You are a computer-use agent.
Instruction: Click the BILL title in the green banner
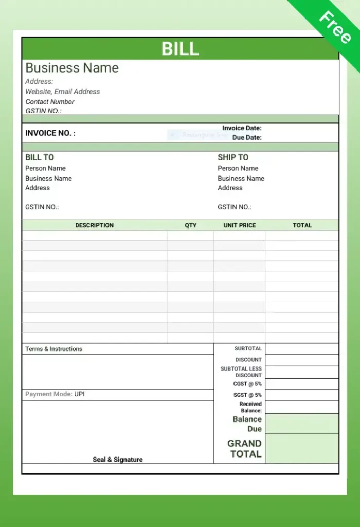[x=180, y=48]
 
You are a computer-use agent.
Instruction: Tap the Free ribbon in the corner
[x=334, y=26]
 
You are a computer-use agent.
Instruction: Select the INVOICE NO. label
[x=50, y=133]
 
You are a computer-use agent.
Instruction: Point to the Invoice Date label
[x=242, y=128]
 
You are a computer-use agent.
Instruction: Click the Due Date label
[x=247, y=138]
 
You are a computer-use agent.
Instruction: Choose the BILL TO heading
[x=40, y=157]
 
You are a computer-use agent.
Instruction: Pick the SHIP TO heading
[x=233, y=157]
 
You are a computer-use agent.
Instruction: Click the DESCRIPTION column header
[x=94, y=225]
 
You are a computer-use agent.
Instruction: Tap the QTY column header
[x=191, y=225]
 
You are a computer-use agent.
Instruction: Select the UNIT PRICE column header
[x=240, y=225]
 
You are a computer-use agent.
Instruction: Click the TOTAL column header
[x=302, y=225]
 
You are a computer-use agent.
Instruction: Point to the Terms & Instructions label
[x=54, y=349]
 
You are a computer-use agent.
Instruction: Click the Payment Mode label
[x=49, y=394]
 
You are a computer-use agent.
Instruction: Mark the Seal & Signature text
[x=118, y=460]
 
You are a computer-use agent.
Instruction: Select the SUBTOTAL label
[x=248, y=349]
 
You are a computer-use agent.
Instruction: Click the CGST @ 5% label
[x=247, y=384]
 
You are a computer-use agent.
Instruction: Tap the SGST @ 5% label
[x=247, y=395]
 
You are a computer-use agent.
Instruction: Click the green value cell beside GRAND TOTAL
[x=302, y=448]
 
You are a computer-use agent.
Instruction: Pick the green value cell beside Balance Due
[x=302, y=424]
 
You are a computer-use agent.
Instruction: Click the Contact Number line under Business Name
[x=50, y=102]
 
